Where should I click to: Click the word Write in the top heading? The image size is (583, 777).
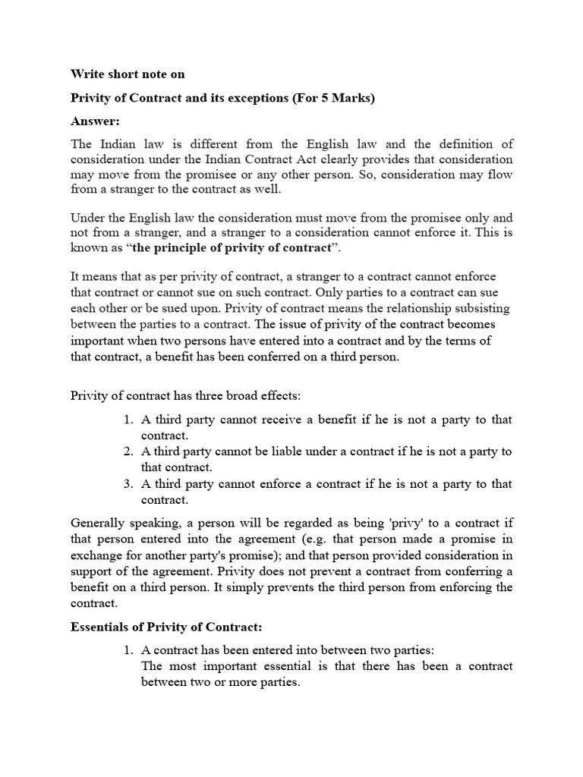pyautogui.click(x=87, y=74)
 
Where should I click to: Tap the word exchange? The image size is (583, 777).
pyautogui.click(x=96, y=555)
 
